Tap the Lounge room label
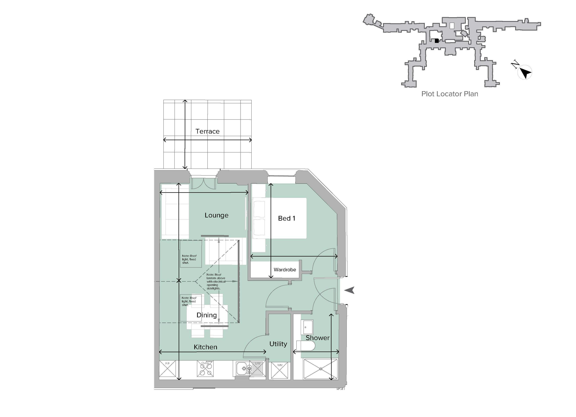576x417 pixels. (216, 215)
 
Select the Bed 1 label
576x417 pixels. (286, 218)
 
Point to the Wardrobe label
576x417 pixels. (285, 270)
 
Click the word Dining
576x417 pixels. (206, 315)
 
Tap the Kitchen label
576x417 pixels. (205, 347)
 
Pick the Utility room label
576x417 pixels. (278, 344)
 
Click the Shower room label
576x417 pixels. (317, 338)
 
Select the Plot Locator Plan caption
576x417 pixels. (449, 94)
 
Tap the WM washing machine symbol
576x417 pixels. (279, 371)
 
